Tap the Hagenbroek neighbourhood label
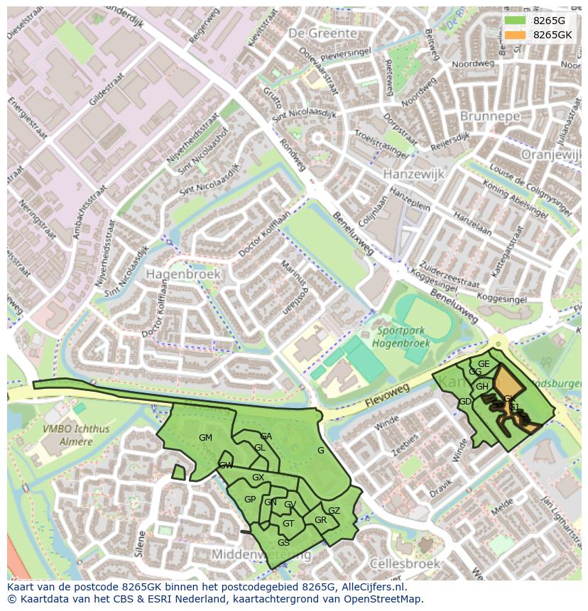tap(183, 274)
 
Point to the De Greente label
tap(322, 33)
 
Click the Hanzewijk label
tap(413, 174)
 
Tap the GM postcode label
tap(205, 438)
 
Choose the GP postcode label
tap(250, 500)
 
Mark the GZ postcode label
tap(334, 510)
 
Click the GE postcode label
tap(484, 364)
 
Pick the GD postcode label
tap(465, 402)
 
